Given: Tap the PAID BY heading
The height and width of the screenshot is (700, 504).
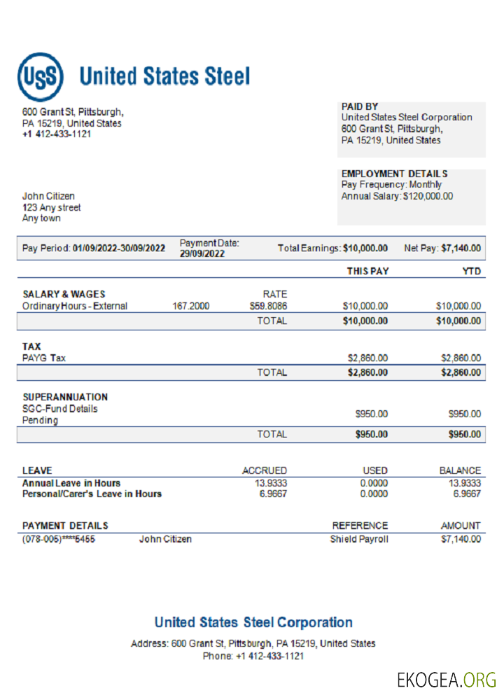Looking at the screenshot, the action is pos(360,106).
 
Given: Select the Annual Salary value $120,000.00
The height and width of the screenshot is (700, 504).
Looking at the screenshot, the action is pos(428,196).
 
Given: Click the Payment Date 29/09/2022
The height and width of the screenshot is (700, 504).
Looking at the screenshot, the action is pos(202,254).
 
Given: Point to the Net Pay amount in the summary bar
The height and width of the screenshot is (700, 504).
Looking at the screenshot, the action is pos(461,248).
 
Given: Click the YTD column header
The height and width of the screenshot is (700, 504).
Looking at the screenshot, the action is pos(472,271).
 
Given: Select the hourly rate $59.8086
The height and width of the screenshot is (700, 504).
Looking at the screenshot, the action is pos(268,306).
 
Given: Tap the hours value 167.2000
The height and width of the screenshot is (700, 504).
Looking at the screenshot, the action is pos(190,306).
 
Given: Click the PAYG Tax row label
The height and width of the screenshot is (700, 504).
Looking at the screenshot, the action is pos(45,358).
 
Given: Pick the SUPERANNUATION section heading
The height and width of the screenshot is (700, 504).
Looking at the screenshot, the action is pos(65,397).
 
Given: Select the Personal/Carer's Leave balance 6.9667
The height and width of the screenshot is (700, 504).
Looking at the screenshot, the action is pos(467,493).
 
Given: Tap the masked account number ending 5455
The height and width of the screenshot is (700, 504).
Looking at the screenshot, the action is pos(59,539).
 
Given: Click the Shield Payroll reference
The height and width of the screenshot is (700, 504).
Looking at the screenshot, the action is pos(359,539).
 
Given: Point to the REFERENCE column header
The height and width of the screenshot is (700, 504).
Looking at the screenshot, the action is pos(360,525).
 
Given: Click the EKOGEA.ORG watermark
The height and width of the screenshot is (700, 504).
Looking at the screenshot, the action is pos(447,679).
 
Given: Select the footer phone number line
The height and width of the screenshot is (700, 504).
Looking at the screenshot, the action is pos(253,656).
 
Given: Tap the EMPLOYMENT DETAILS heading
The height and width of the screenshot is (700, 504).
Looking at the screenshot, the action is pos(394,174).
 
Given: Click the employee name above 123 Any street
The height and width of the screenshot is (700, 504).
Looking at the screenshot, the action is pos(48,196).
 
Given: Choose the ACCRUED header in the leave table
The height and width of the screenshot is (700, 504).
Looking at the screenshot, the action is pos(265,470).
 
